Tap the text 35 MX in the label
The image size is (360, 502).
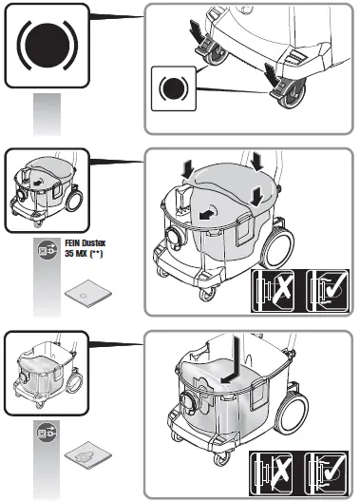pos(78,255)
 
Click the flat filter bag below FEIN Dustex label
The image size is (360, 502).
pos(88,298)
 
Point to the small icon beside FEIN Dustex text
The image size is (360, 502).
pos(46,250)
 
